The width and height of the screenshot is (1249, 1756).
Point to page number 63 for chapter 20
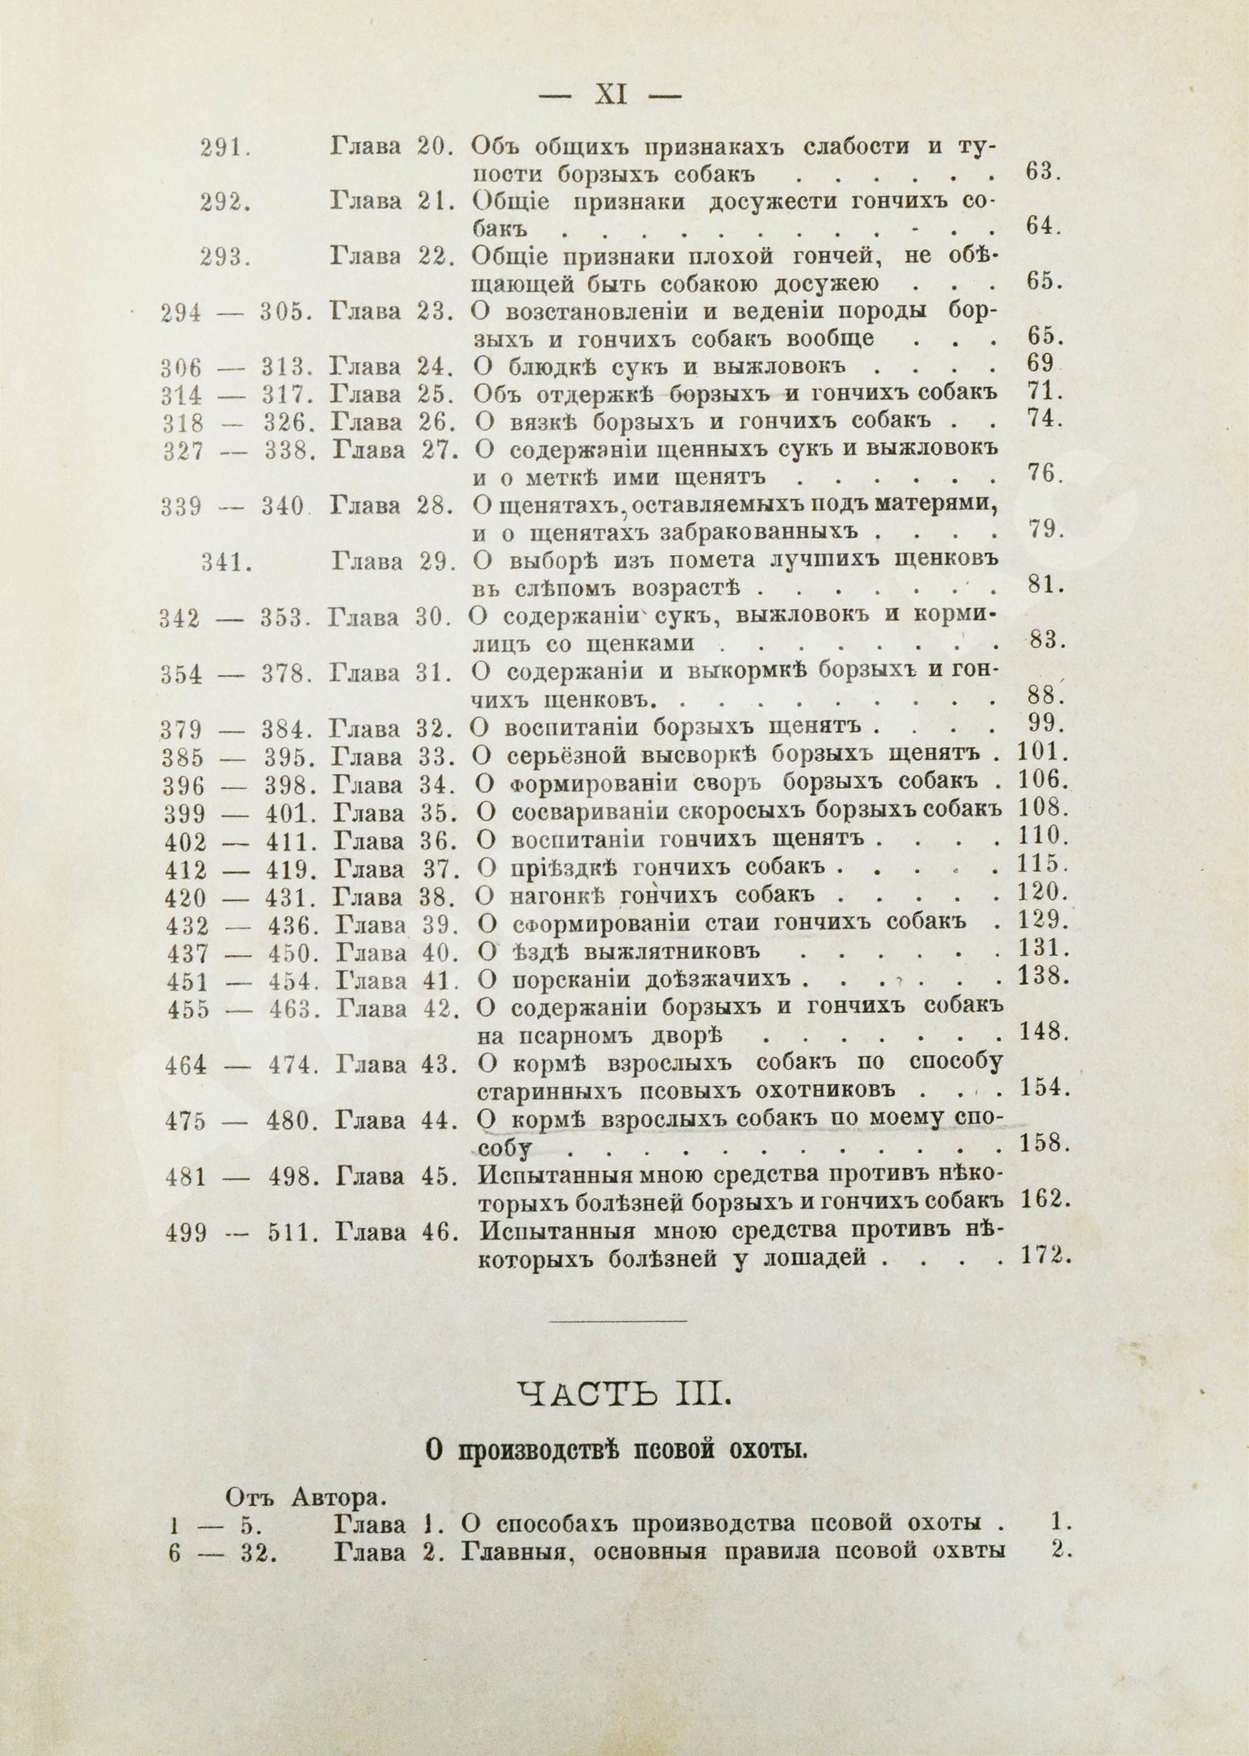(x=1043, y=173)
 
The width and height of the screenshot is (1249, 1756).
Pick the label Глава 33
(x=392, y=757)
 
